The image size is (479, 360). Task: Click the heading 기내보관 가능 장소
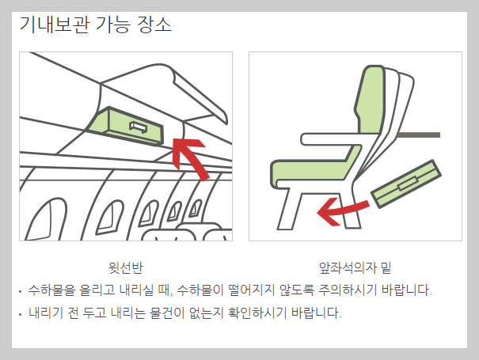95,24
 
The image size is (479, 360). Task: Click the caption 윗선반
126,267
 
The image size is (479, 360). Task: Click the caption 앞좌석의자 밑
355,267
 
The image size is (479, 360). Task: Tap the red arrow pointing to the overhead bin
190,159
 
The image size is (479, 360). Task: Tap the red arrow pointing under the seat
342,211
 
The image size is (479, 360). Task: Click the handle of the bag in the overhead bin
139,127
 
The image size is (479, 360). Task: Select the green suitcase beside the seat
406,184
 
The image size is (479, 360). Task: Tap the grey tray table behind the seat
419,135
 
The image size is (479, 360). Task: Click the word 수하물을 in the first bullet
51,290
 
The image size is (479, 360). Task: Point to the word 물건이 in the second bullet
167,313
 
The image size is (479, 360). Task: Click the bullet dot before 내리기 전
20,314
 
